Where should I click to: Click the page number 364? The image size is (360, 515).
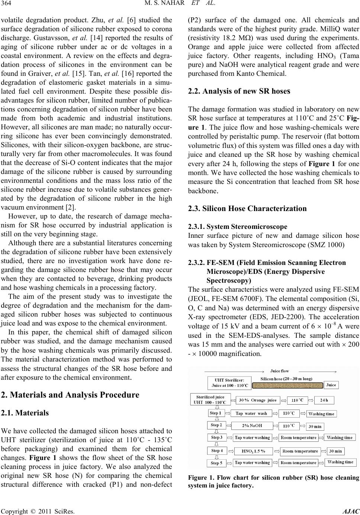pyautogui.click(x=7, y=5)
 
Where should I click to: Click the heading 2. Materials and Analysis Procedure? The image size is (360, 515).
pyautogui.click(x=70, y=395)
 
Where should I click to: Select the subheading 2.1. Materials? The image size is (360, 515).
pyautogui.click(x=25, y=412)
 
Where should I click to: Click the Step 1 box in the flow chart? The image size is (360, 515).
pyautogui.click(x=216, y=413)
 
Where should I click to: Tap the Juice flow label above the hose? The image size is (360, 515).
pyautogui.click(x=279, y=371)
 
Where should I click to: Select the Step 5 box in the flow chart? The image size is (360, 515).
pyautogui.click(x=217, y=463)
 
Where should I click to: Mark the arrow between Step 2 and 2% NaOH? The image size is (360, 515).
pyautogui.click(x=229, y=425)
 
